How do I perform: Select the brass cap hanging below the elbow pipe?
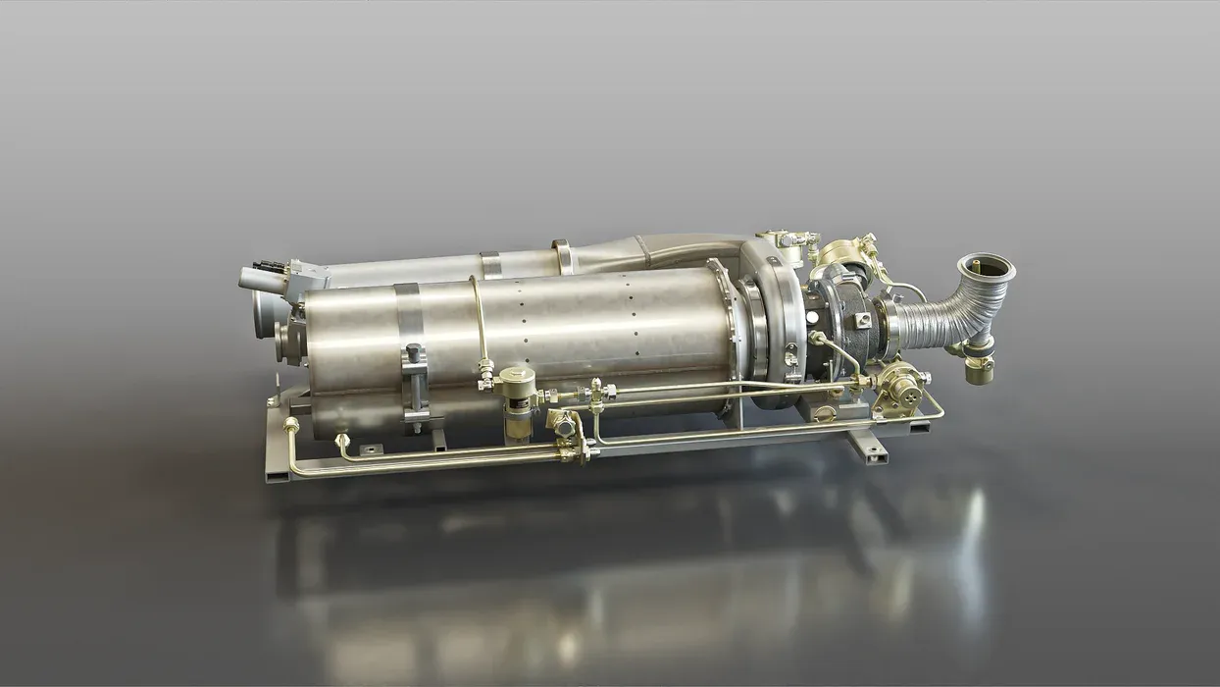[x=978, y=370]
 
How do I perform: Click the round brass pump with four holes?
[x=900, y=386]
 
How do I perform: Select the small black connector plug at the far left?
[x=265, y=266]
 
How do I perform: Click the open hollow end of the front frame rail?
[x=278, y=475]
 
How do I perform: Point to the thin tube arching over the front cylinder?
[x=479, y=314]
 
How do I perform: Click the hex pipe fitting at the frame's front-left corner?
[x=291, y=425]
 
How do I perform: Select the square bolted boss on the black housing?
[x=863, y=320]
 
